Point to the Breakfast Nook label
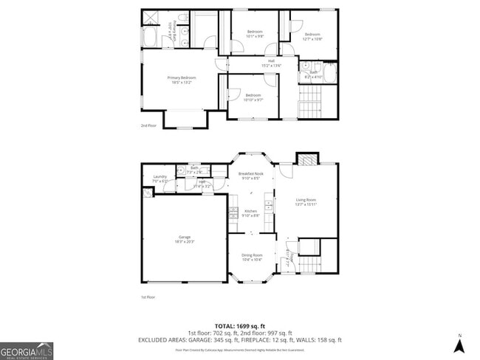coord(250,174)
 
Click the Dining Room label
coord(252,256)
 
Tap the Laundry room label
coord(160,177)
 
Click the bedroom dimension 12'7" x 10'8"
coord(312,39)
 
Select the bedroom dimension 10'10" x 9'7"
coord(253,100)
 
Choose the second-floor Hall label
coord(271,60)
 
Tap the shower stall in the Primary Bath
coord(150,18)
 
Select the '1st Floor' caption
coord(148,297)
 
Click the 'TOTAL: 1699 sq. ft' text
coord(240,326)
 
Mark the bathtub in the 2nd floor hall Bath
coord(332,74)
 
